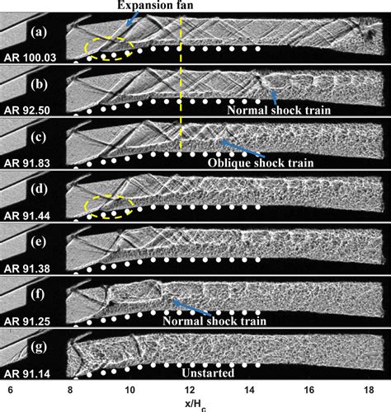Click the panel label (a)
(x=39, y=32)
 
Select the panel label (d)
(x=39, y=190)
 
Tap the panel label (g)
(x=39, y=348)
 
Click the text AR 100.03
(x=30, y=58)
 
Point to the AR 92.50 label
(x=27, y=110)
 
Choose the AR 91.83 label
(x=27, y=163)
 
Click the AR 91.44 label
(x=27, y=216)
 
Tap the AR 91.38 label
(x=27, y=269)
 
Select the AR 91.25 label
(x=27, y=321)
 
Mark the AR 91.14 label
(x=27, y=374)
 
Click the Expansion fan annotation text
(x=155, y=6)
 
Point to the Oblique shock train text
(x=261, y=163)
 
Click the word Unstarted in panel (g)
(x=208, y=373)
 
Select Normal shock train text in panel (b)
(x=279, y=110)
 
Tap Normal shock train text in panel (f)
(x=214, y=321)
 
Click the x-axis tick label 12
(x=190, y=390)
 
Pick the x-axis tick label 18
(x=369, y=390)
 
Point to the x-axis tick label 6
(x=11, y=390)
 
